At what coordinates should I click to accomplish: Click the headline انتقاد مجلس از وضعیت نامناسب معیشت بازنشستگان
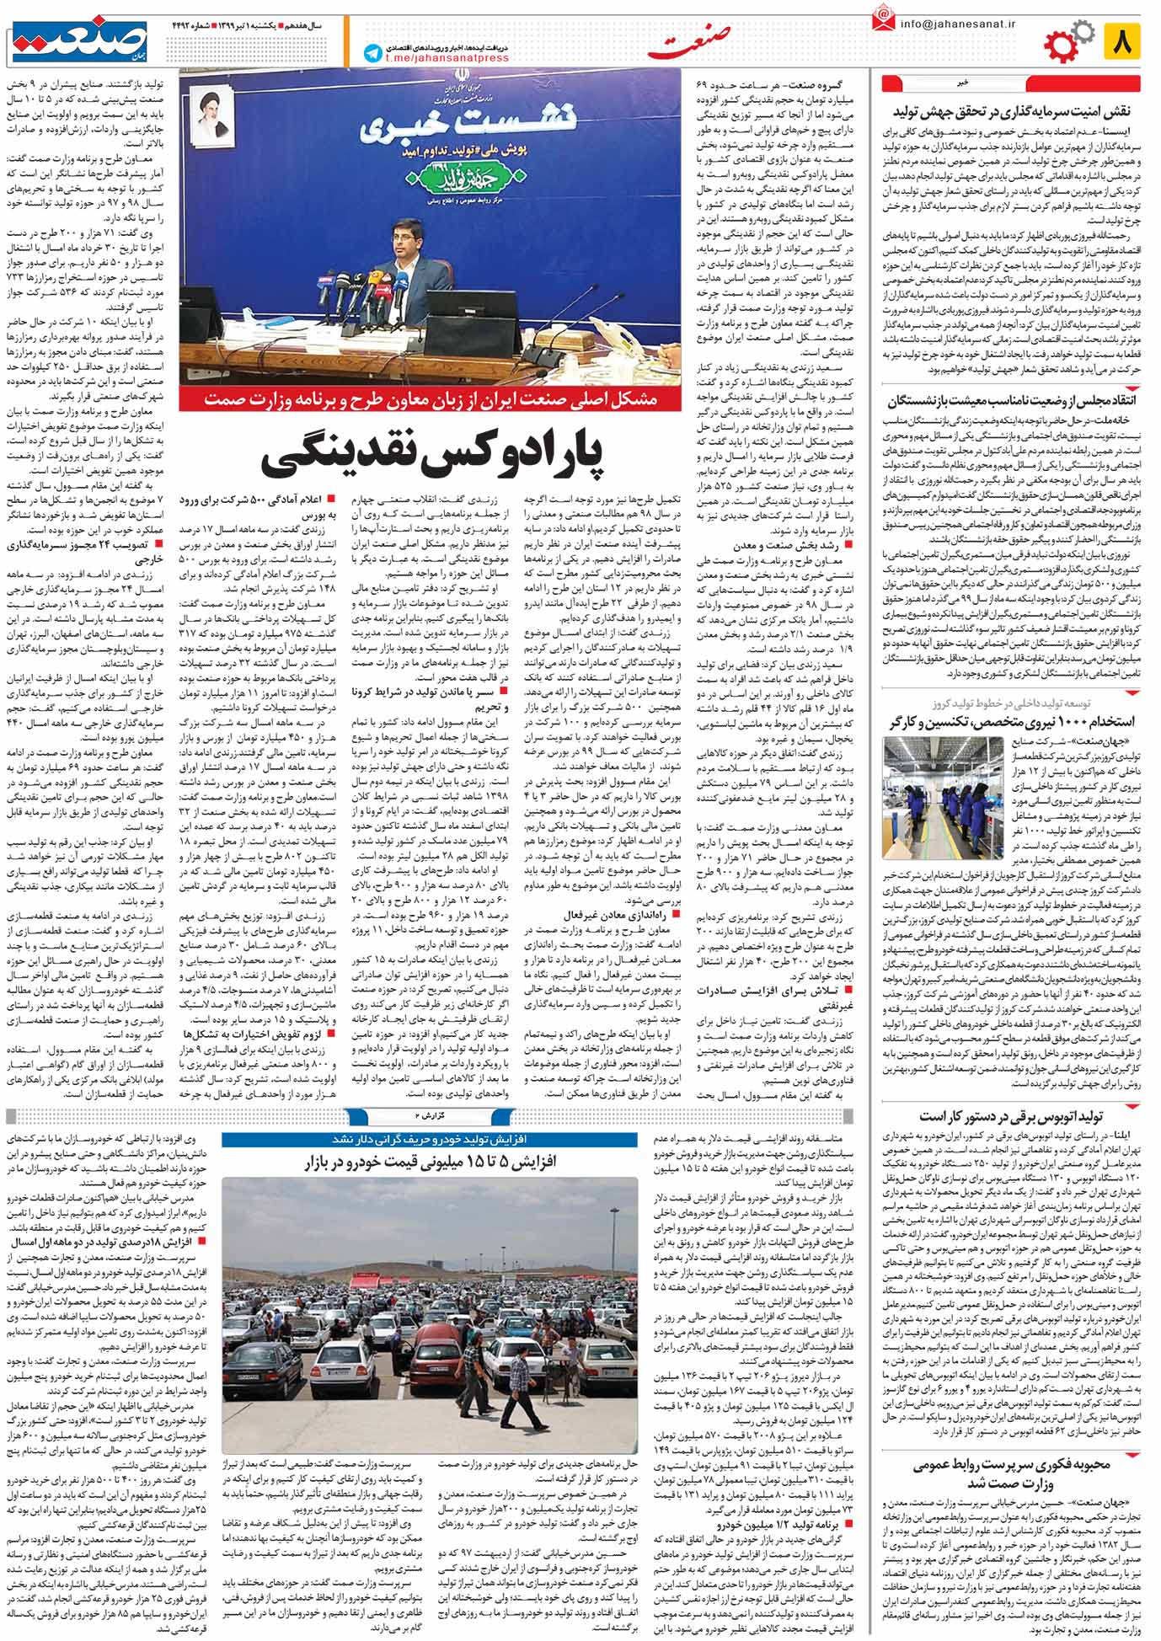[1012, 399]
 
